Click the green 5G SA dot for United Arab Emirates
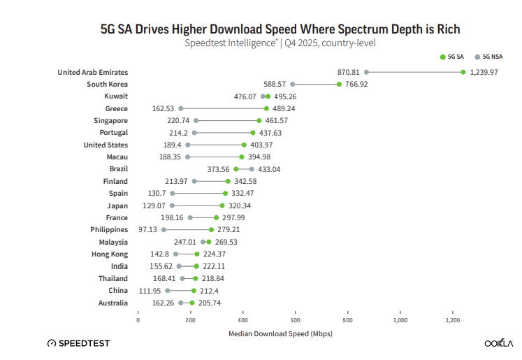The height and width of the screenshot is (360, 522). point(463,72)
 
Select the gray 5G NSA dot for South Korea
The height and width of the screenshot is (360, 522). point(293,84)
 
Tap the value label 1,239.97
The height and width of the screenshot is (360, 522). point(484,72)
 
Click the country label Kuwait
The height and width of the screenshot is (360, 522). point(116,96)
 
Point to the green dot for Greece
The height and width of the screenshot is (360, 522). point(266,108)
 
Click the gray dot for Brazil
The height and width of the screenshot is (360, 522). point(252,169)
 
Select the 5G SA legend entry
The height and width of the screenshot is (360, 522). point(452,57)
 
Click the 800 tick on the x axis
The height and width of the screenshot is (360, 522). point(348,320)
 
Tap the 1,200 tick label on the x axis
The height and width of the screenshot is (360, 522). point(453,320)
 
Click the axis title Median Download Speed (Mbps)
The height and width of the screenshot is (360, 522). point(280,333)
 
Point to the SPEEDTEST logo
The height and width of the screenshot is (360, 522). point(78,343)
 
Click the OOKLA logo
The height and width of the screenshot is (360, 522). point(498,343)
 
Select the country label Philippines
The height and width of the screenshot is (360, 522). point(109,229)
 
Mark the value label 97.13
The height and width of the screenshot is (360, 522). point(147,229)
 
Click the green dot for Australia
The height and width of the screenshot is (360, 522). point(192,303)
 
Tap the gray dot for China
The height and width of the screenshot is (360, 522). point(168,290)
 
